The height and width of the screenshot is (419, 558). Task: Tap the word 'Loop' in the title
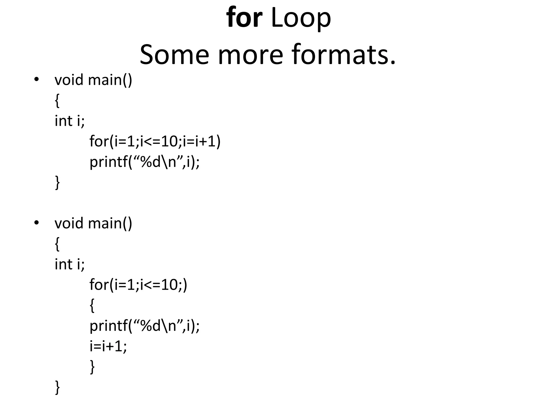click(301, 18)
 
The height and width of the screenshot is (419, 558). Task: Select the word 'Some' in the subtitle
click(174, 55)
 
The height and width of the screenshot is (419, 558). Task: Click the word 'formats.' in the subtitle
click(344, 55)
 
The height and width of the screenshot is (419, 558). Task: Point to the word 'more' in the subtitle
click(250, 55)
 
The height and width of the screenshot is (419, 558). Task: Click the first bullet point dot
click(36, 80)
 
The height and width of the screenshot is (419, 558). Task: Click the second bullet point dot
click(36, 223)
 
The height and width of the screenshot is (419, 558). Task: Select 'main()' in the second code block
click(110, 223)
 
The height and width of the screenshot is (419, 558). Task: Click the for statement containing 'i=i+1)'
click(155, 141)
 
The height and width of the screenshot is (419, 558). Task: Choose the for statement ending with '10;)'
click(138, 285)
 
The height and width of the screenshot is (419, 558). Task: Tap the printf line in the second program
click(145, 326)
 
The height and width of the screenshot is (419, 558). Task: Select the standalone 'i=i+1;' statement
click(108, 346)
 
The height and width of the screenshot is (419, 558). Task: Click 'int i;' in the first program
click(70, 121)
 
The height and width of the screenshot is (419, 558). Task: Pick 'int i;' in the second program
click(70, 264)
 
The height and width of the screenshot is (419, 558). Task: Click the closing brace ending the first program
click(57, 182)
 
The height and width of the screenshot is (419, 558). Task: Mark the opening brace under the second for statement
click(92, 306)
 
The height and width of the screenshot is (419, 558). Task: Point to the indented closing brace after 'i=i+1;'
click(92, 367)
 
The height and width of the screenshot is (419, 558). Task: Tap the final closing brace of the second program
click(57, 387)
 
